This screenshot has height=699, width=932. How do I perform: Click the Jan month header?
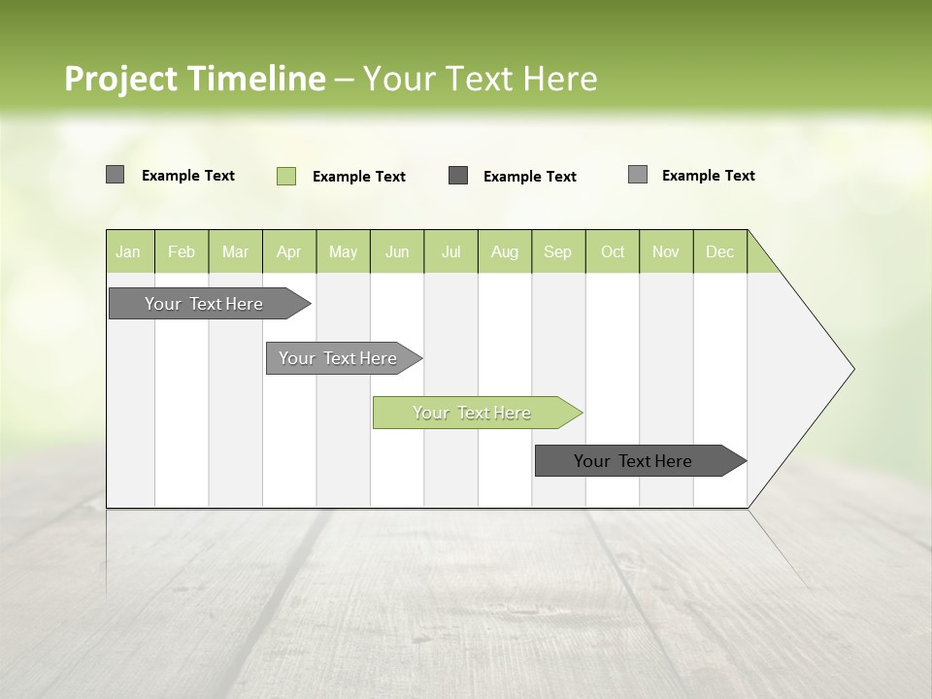129,251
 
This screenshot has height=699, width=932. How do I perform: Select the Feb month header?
182,251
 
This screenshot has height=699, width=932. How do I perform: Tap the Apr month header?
289,251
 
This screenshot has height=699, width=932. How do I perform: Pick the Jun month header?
397,251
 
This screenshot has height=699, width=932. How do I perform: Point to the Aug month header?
505,251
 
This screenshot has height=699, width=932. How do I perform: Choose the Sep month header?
558,251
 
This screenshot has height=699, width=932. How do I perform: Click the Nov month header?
666,251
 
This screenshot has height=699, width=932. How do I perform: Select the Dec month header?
720,251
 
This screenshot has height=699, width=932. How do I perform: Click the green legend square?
286,176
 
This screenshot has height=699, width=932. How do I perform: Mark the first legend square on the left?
115,175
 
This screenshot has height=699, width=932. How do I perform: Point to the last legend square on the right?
638,175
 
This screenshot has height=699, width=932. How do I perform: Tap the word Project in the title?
120,79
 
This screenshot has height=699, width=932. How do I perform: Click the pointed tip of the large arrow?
850,369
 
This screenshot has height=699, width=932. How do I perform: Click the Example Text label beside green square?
359,177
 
